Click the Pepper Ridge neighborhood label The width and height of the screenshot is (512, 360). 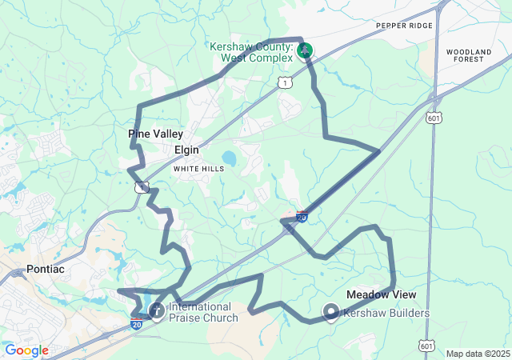pos(404,26)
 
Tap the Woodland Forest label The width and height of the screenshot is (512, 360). pos(468,55)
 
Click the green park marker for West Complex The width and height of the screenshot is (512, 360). pos(304,51)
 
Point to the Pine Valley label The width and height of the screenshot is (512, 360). pos(156,134)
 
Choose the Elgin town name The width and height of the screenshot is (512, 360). pos(186,150)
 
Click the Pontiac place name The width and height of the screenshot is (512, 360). pos(50,270)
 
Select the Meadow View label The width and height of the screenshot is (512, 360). pos(381,295)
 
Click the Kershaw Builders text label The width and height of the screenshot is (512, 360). pos(386,313)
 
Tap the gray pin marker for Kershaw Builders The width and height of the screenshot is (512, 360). pos(330,312)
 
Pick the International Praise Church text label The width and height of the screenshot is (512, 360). pos(203,312)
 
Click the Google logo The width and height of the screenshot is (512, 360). pos(26,350)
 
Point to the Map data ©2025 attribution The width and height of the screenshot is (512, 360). pos(477,354)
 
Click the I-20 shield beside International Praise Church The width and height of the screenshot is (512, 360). pos(137,324)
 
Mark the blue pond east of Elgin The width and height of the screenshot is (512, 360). pos(229,158)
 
